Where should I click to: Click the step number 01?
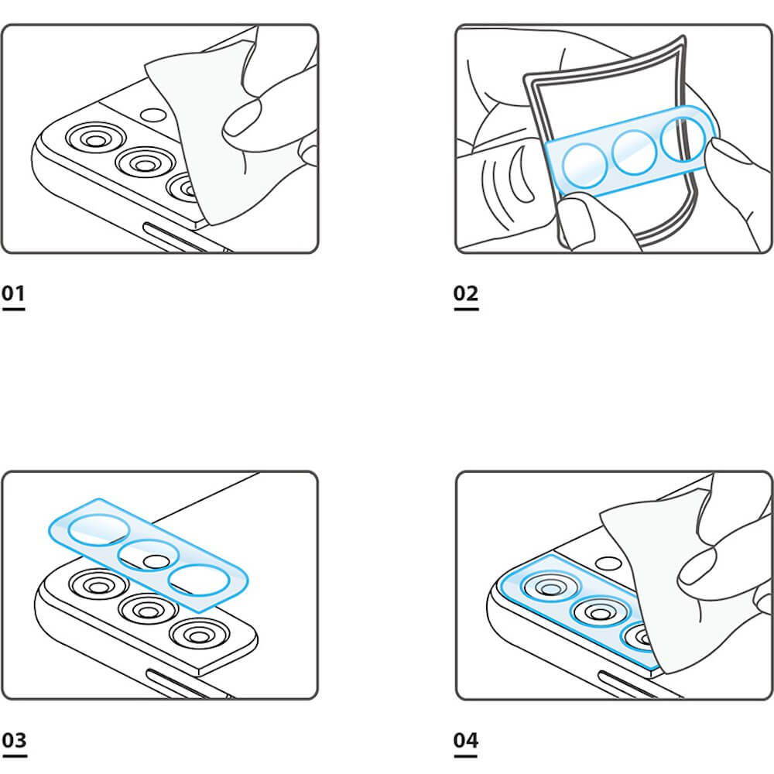[x=13, y=293]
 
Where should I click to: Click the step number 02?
[x=466, y=293]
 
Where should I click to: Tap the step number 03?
[x=14, y=741]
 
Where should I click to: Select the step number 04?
[x=466, y=741]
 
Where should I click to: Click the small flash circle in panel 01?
[x=153, y=115]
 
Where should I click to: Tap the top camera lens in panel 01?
[x=95, y=139]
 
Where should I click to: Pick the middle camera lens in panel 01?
[x=145, y=163]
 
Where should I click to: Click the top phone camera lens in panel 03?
[x=98, y=585]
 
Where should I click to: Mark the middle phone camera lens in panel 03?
[x=148, y=610]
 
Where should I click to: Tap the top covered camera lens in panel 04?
[x=551, y=587]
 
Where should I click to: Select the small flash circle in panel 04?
[x=608, y=563]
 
